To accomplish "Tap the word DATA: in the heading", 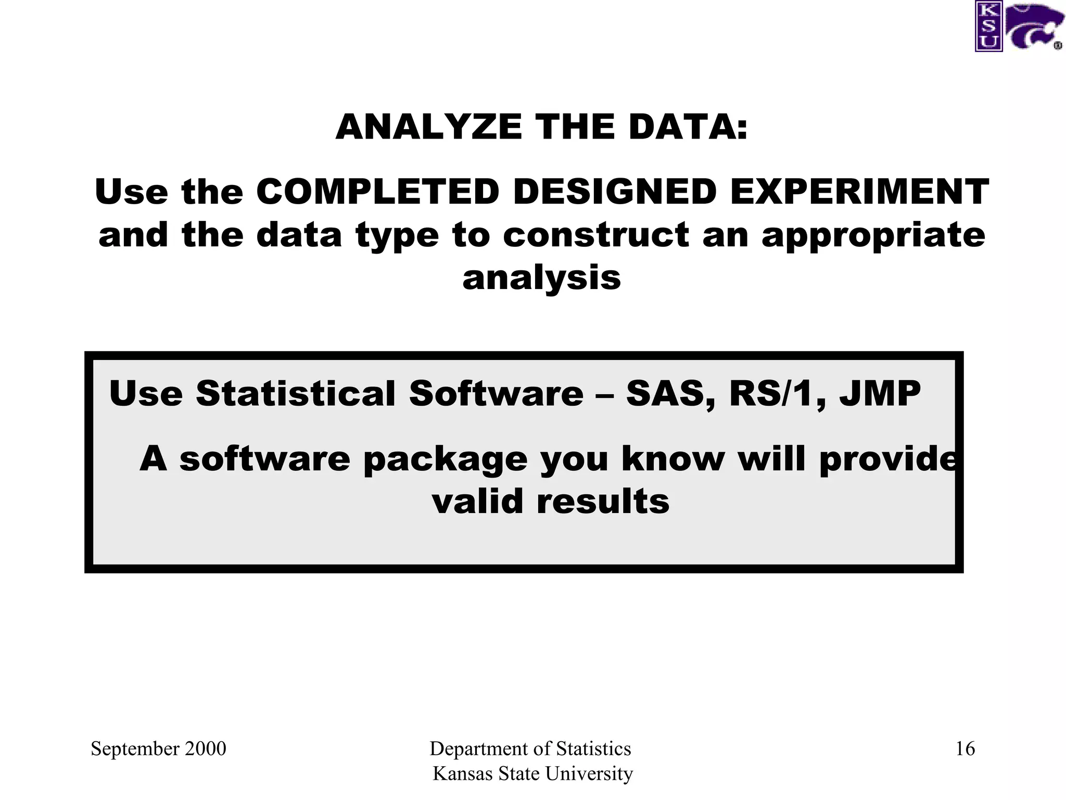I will (x=688, y=127).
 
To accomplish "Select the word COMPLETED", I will (x=378, y=192).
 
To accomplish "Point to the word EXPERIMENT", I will (x=859, y=192).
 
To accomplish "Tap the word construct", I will (x=596, y=235).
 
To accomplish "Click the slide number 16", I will (x=965, y=749).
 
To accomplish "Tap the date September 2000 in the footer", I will (x=158, y=749).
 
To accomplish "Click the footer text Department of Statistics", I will (x=530, y=749).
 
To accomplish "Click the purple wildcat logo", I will (x=1033, y=27).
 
